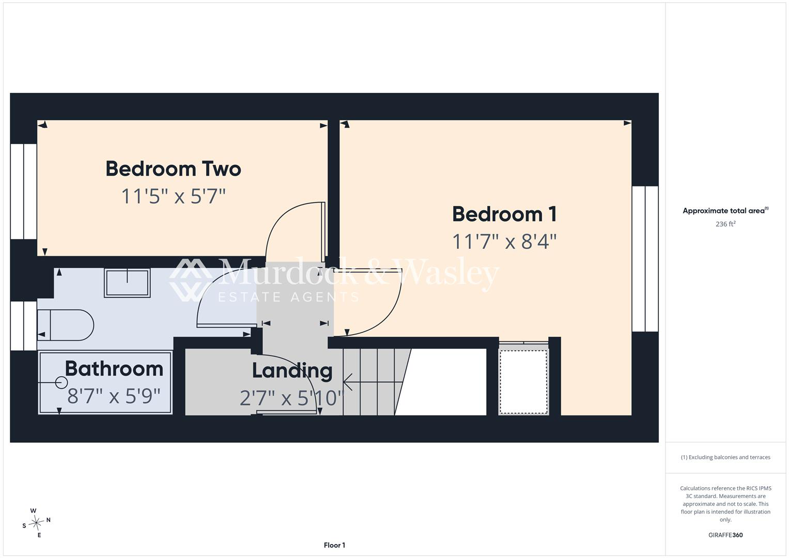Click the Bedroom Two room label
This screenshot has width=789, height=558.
(x=173, y=169)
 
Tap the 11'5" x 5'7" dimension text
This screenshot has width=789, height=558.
(x=173, y=196)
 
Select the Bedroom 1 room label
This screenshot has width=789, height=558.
(x=504, y=214)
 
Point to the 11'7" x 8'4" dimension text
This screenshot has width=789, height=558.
(x=504, y=242)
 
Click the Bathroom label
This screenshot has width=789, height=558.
(x=114, y=369)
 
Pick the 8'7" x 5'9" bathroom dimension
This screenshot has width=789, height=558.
(x=114, y=396)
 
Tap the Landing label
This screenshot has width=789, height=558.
(x=292, y=371)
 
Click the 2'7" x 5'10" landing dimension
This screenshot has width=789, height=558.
(x=292, y=398)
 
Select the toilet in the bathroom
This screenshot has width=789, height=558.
(x=66, y=325)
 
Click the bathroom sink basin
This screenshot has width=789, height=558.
(x=127, y=283)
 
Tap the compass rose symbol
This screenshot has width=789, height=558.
(x=36, y=523)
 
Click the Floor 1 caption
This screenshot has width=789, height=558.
(x=334, y=545)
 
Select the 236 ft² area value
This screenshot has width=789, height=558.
(x=725, y=224)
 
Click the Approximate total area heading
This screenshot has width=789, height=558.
(x=725, y=211)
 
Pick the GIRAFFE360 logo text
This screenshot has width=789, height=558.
(x=725, y=535)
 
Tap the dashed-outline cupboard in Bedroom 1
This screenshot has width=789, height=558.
(x=524, y=381)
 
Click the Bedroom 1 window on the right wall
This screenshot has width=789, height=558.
(x=645, y=259)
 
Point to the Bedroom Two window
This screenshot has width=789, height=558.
(x=24, y=192)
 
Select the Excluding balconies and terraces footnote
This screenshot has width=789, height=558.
(x=725, y=457)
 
